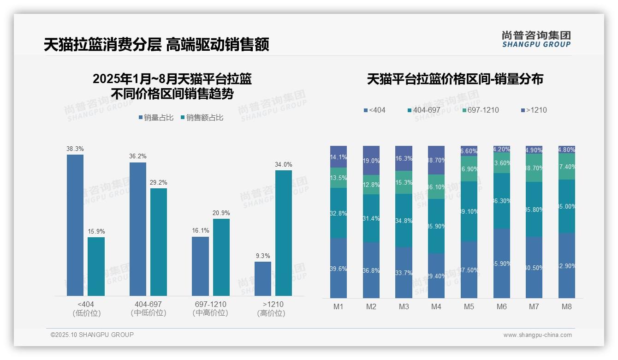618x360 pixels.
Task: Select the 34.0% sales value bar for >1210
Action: pos(284,233)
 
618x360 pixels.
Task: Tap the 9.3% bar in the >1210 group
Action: pos(263,279)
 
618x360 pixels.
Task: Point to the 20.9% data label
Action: pos(221,213)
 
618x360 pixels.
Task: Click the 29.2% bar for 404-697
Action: pos(159,242)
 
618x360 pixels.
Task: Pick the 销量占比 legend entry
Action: pos(155,118)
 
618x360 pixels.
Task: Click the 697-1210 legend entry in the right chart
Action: pos(480,110)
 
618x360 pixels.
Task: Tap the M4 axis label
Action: pos(436,307)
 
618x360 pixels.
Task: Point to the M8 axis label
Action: pos(567,307)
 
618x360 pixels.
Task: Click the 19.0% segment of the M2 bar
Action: pos(371,161)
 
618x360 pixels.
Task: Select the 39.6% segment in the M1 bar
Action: pos(339,268)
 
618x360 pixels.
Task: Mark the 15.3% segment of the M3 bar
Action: pos(404,183)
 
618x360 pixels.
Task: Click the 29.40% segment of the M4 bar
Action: pos(436,276)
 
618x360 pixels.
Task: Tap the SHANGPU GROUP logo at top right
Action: pos(536,39)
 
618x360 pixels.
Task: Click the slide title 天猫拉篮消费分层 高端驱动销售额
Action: pos(156,45)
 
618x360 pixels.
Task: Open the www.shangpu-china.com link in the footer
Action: pos(537,335)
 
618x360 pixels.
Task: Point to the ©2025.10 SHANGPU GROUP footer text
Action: pos(92,335)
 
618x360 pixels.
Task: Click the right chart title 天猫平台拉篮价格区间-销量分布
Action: pos(455,79)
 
